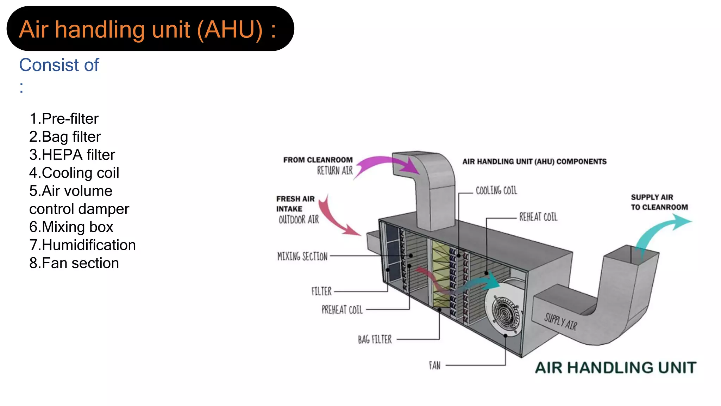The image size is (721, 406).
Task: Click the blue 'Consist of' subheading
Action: point(59,65)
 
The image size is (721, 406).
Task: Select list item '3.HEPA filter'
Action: point(72,155)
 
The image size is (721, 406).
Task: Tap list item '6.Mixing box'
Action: point(71,227)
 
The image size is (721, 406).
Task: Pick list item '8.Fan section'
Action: point(74,263)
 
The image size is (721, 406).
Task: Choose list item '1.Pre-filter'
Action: point(64,119)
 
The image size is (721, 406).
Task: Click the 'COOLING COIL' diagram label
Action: point(496,191)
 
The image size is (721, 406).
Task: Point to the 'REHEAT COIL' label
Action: point(538,217)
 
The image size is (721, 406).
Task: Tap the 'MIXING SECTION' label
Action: point(302,256)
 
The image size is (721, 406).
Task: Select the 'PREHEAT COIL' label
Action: point(342,310)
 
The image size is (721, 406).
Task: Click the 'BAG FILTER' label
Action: point(375,339)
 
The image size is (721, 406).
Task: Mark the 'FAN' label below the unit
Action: point(434,365)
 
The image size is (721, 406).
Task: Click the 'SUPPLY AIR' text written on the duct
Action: point(560,322)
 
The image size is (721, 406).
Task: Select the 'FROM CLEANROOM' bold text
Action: point(318,160)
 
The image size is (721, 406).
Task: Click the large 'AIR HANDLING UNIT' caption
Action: point(615,368)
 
